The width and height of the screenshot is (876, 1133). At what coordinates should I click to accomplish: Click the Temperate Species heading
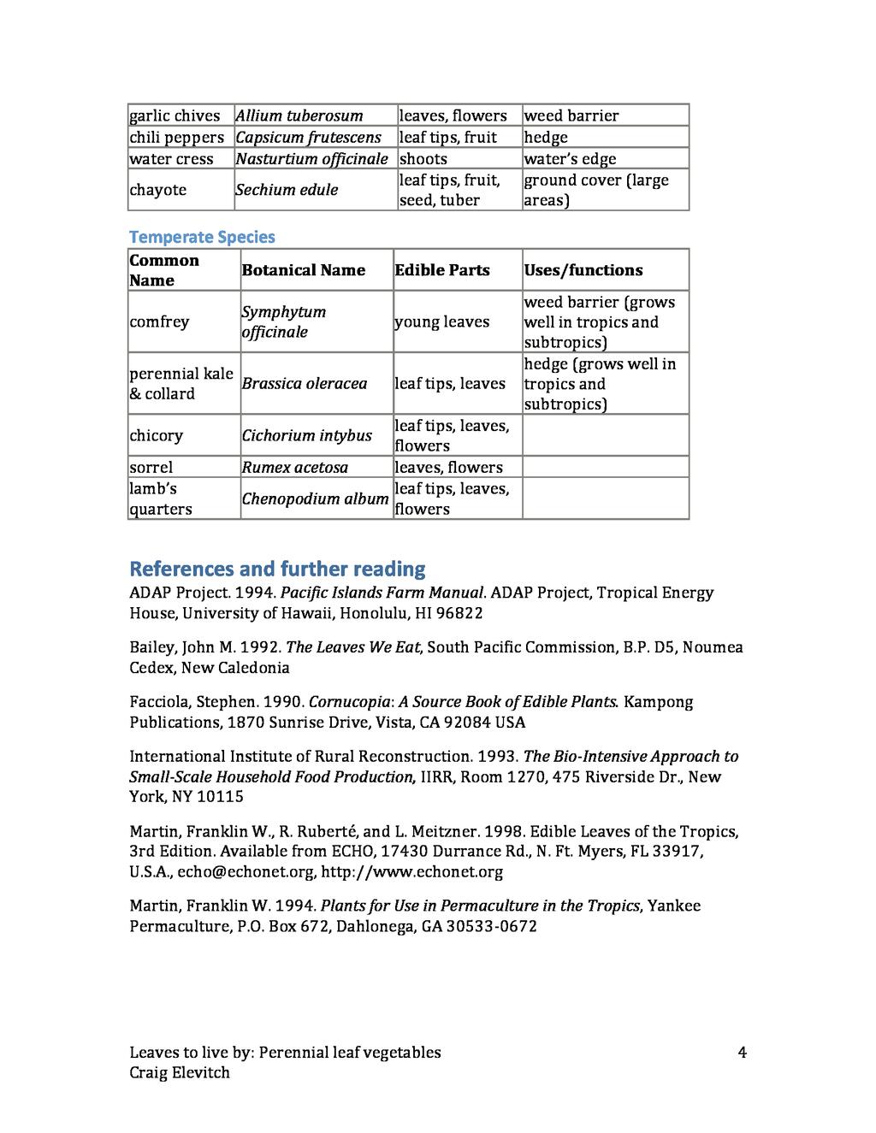point(202,237)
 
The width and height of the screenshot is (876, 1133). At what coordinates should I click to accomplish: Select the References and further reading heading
point(277,569)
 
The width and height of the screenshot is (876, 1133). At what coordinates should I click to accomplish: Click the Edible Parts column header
point(442,270)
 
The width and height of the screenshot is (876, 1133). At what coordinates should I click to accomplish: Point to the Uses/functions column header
point(583,270)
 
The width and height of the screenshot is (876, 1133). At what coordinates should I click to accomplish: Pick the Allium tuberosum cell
point(299,115)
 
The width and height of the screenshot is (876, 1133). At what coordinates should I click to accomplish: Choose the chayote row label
point(157,190)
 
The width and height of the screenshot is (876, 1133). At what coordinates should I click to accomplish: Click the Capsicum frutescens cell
point(308,138)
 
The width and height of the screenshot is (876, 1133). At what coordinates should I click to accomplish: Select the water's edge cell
point(570,159)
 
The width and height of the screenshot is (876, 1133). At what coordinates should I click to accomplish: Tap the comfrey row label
point(159,322)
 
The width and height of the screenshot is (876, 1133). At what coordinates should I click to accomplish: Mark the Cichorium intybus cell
point(306,435)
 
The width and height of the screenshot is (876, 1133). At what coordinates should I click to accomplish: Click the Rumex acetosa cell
point(294,467)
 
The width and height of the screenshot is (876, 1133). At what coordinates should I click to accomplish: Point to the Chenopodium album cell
point(315,499)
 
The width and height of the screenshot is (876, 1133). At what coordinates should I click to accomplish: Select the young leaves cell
point(441,322)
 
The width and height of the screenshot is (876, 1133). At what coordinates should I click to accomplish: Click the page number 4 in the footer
point(742,1052)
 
